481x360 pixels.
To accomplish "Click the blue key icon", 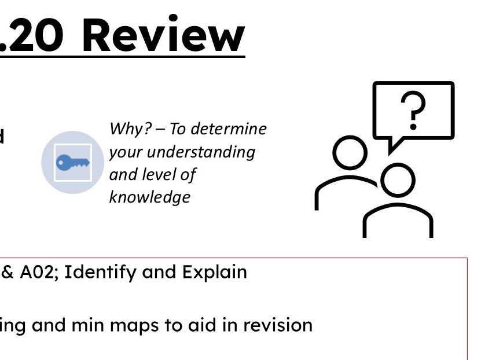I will [x=73, y=163].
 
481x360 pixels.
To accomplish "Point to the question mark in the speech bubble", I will [x=413, y=111].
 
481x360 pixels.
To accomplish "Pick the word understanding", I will [x=201, y=152].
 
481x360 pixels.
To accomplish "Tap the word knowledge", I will [x=149, y=197].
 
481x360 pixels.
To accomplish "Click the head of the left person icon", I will [x=350, y=153].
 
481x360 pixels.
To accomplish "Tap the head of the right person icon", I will [x=398, y=180].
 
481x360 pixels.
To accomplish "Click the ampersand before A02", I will [x=8, y=272].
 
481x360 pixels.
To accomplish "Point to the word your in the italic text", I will [x=126, y=152].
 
